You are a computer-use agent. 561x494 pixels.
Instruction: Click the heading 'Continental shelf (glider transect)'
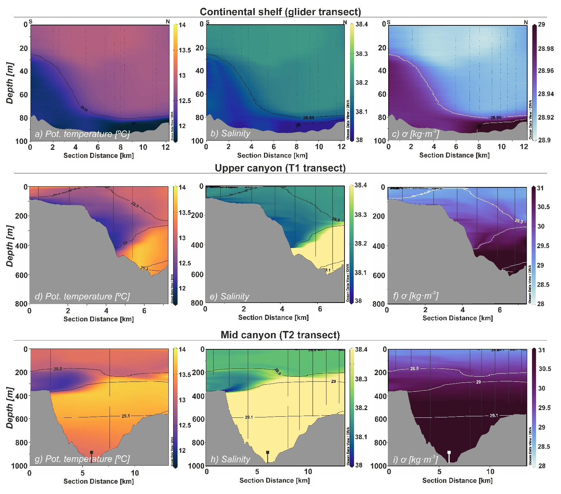click(280, 12)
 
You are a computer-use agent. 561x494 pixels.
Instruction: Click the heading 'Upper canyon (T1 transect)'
click(280, 168)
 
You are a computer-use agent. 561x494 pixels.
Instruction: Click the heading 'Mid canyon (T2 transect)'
click(280, 335)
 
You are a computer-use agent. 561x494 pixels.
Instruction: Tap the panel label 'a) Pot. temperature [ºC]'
click(82, 134)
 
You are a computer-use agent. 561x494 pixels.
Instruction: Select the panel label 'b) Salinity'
click(230, 134)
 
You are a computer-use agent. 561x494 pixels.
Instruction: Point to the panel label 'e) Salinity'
click(229, 296)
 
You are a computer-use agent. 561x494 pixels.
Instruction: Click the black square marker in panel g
click(92, 452)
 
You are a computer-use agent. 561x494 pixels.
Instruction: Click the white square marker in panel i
click(449, 452)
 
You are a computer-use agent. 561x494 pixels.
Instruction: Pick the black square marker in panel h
click(268, 452)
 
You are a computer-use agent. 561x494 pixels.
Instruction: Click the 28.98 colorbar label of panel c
click(546, 49)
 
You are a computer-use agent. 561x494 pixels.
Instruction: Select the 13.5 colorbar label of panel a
click(185, 50)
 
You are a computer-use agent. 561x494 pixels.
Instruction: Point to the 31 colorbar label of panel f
click(540, 188)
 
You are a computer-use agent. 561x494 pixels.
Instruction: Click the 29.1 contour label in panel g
click(126, 416)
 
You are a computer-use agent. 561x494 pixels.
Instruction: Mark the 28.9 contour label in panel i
click(414, 368)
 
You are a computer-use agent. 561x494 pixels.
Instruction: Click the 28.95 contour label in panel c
click(496, 118)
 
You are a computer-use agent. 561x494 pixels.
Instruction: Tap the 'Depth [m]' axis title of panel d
click(10, 246)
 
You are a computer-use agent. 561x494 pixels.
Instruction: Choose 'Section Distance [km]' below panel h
click(274, 480)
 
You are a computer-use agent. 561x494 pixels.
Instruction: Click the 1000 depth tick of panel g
click(20, 466)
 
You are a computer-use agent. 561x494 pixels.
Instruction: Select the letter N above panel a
click(168, 22)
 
